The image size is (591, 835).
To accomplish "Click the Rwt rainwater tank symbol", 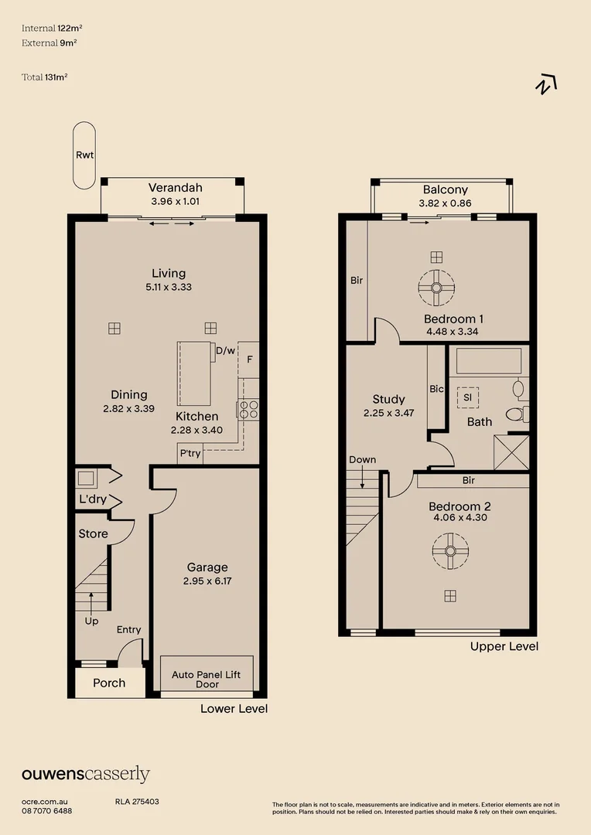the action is click(x=84, y=155).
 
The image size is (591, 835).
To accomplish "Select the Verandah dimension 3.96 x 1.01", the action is click(x=176, y=201).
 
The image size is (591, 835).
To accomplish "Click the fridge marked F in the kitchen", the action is click(x=249, y=360).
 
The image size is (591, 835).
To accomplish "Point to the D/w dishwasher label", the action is click(x=225, y=351).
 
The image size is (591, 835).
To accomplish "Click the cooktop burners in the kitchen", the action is click(x=248, y=410).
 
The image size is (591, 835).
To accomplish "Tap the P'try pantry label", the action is click(x=190, y=454).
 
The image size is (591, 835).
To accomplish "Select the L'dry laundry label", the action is click(x=93, y=499).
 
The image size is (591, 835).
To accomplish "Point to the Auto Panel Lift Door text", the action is click(x=207, y=679).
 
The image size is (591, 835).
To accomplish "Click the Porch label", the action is click(x=109, y=683).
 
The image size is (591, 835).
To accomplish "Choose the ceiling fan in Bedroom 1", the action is click(x=436, y=288).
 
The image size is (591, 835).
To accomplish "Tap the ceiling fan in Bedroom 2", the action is click(x=450, y=550).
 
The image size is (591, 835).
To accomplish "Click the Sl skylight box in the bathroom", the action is click(x=468, y=398).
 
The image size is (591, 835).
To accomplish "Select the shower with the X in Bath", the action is click(x=511, y=452).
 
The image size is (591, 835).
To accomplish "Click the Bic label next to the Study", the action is click(x=436, y=389).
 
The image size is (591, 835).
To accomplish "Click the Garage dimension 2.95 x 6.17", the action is click(x=207, y=581).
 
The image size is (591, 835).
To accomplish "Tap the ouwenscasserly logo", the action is click(x=86, y=774).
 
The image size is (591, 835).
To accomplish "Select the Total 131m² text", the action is click(x=45, y=77).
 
